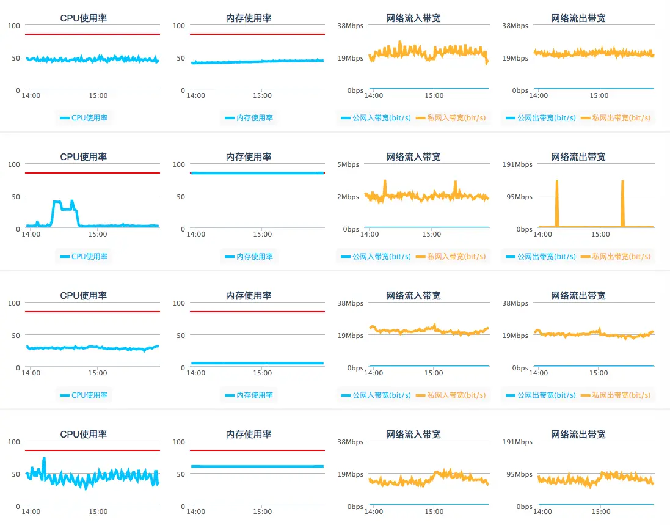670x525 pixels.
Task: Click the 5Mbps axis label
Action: [348, 164]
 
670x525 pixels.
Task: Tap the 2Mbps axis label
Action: [348, 197]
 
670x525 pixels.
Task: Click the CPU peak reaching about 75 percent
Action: [44, 458]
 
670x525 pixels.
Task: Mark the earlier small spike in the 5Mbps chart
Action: [385, 182]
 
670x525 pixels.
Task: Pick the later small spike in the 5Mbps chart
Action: [455, 183]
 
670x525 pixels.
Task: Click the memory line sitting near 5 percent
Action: [257, 363]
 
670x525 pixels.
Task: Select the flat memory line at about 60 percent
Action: [257, 466]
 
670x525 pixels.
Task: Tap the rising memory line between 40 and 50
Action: [257, 61]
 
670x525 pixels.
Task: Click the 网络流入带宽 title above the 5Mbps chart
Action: [413, 157]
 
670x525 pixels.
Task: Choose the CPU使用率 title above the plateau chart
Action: [84, 157]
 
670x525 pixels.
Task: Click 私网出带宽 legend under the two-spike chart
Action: [616, 257]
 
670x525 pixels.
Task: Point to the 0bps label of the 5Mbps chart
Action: [351, 229]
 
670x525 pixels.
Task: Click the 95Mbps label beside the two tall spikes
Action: [520, 197]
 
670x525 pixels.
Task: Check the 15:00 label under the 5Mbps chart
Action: [431, 234]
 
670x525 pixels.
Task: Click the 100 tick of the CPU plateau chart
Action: [13, 164]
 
